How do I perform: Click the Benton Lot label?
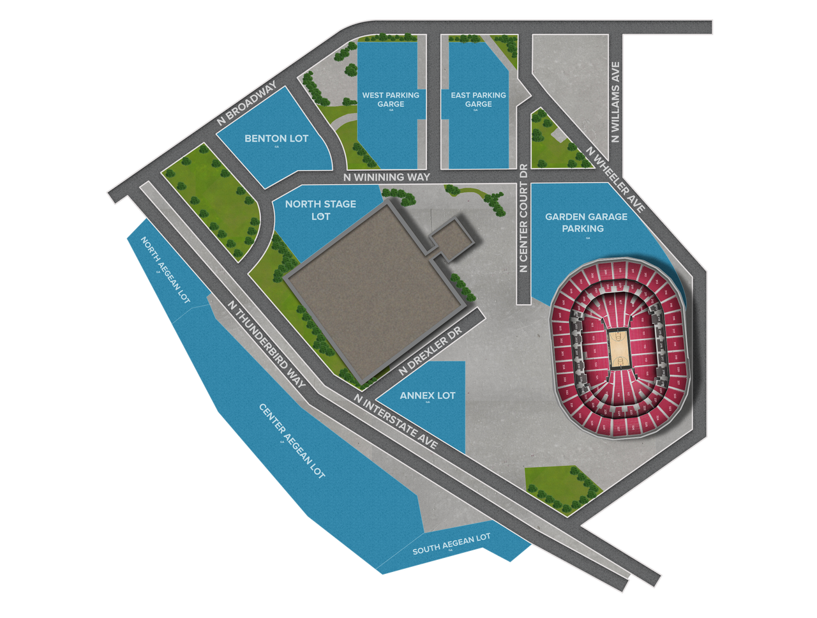point(276,139)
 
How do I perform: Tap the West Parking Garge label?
point(391,100)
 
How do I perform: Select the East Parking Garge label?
point(478,100)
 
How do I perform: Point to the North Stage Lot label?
point(320,210)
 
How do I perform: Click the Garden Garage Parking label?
point(586,222)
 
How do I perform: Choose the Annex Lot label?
point(428,396)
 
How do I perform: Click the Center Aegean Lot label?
point(292,441)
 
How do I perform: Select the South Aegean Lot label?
point(451,544)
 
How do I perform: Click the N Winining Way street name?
point(386,177)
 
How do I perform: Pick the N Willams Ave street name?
point(615,102)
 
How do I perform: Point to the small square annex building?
point(452,239)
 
